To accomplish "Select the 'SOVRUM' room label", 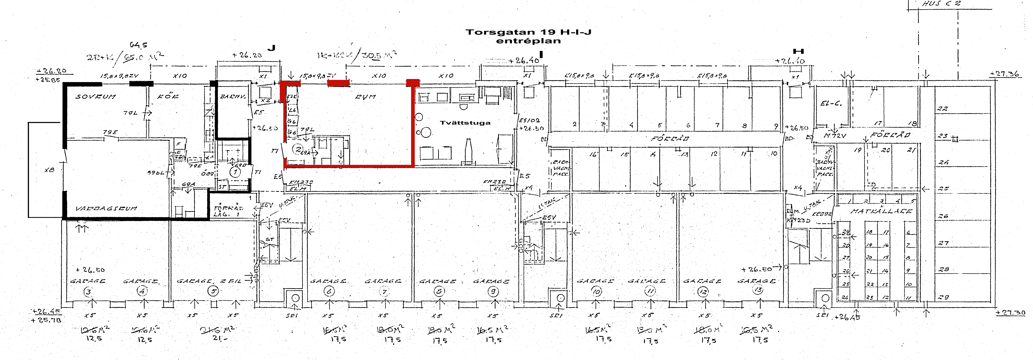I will tap(95, 97).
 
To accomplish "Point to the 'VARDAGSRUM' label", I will tap(106, 208).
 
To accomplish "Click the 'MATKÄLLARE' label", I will tap(881, 211).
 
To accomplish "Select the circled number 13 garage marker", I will tap(758, 290).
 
